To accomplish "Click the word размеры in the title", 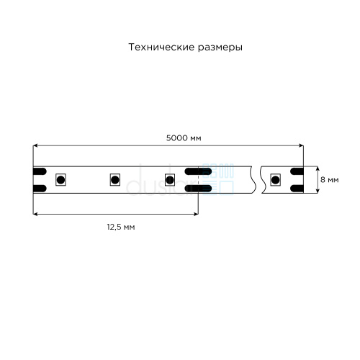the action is point(220,48).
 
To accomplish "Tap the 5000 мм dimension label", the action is point(184,138).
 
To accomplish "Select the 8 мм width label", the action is point(330,180).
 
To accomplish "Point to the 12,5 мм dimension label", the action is point(121,227).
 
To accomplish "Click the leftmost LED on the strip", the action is point(60,180).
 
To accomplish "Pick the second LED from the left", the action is point(115,180).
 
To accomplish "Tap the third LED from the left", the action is point(170,180).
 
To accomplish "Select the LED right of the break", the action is point(275,180).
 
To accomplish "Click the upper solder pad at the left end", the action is point(40,171).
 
